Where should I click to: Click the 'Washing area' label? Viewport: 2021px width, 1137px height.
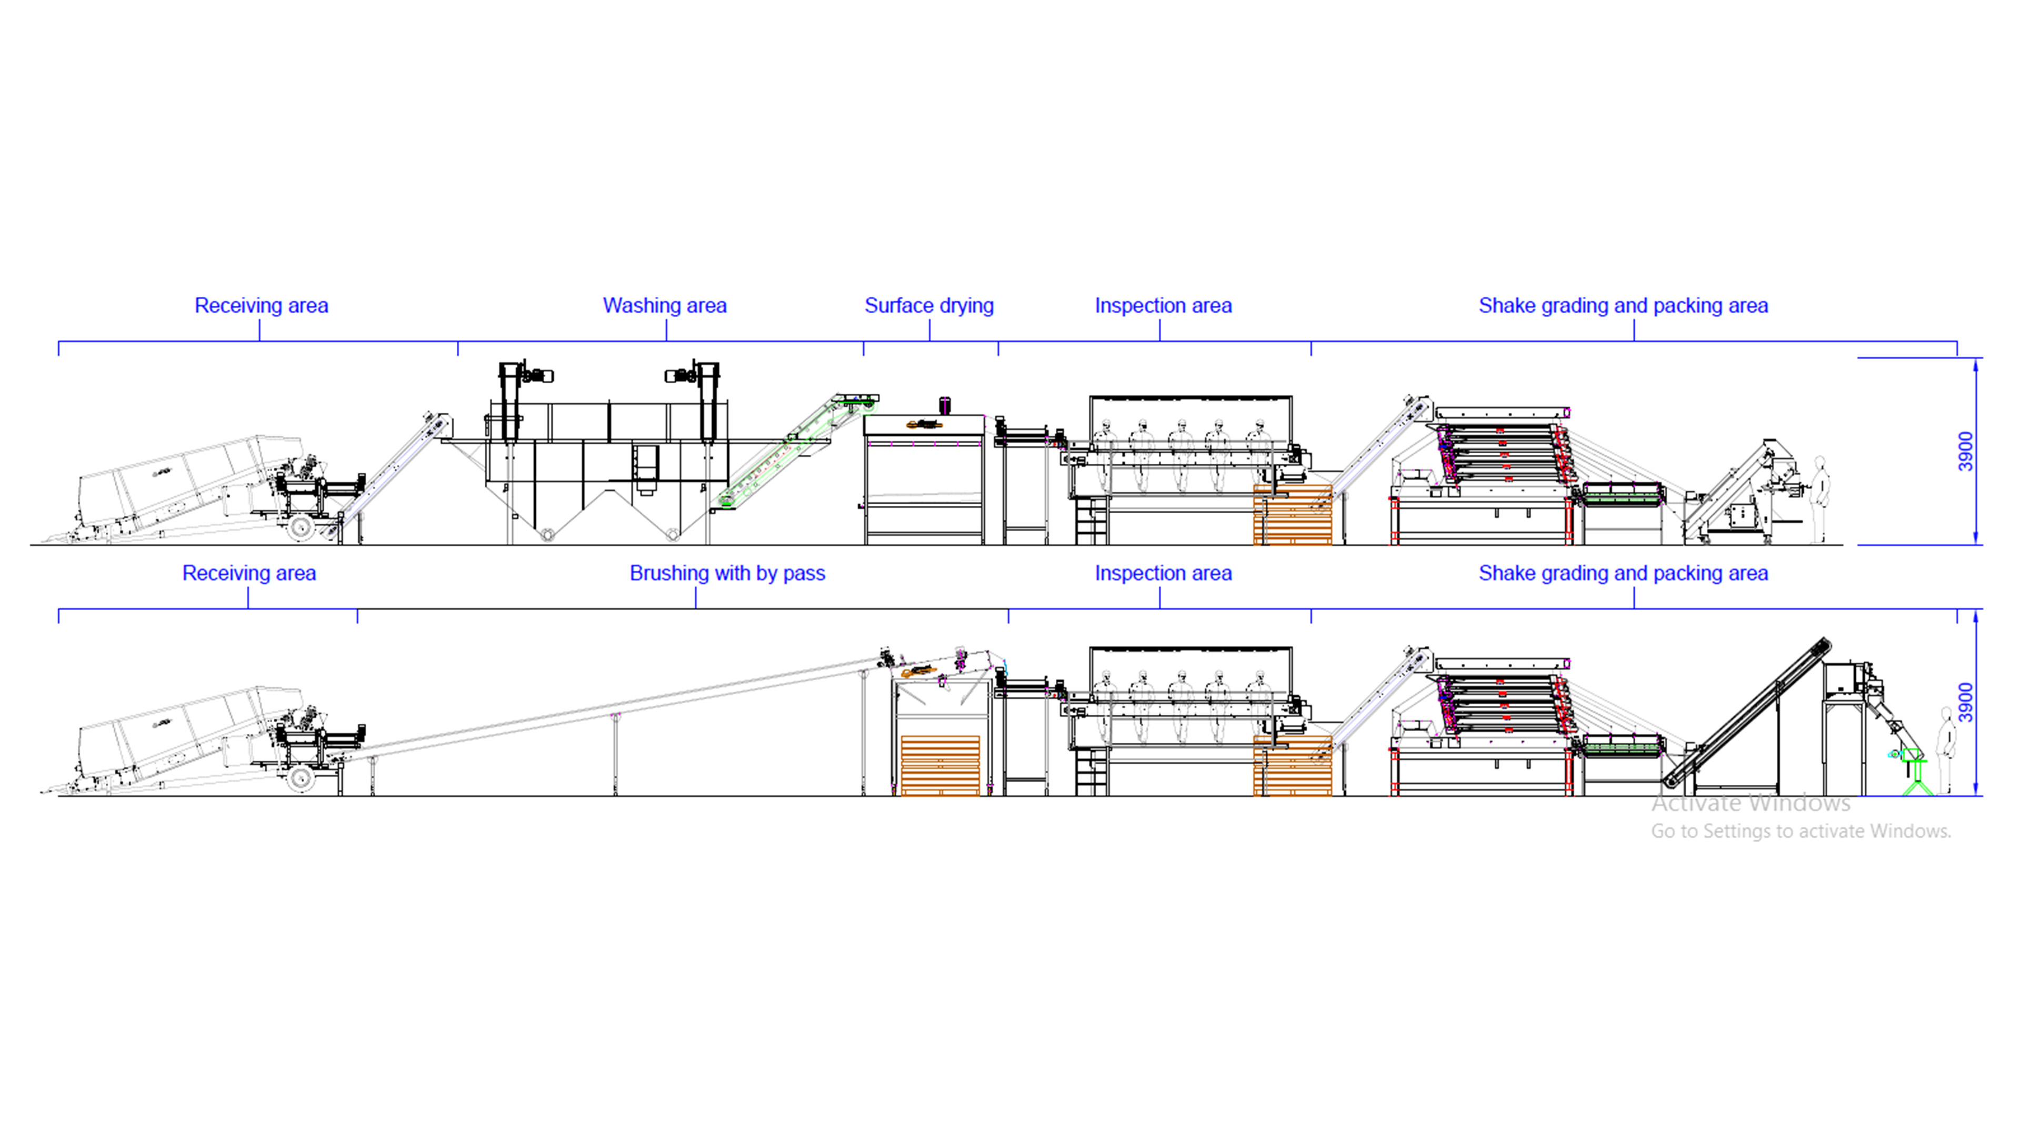pos(665,306)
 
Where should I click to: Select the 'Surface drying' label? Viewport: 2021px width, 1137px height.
pos(929,306)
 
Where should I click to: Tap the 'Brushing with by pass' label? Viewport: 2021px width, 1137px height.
pos(727,574)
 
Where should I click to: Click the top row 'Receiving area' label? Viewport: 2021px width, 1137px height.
pos(261,306)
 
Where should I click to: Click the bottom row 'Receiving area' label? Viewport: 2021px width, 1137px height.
pos(249,574)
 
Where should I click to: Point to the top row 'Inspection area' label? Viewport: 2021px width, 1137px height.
pos(1163,306)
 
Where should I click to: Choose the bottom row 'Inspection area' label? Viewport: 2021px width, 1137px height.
pos(1163,574)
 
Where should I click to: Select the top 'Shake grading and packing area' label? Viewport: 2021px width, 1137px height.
pos(1623,306)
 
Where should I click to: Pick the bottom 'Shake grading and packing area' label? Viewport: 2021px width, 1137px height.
pos(1623,574)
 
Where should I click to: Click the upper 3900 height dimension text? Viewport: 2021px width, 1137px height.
pos(1965,451)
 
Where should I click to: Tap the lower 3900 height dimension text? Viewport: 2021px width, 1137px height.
pos(1965,702)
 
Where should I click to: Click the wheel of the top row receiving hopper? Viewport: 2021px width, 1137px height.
pos(301,527)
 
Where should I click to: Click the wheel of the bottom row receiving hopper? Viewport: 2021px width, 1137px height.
pos(301,779)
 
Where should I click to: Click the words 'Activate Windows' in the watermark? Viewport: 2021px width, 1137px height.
pos(1750,803)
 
